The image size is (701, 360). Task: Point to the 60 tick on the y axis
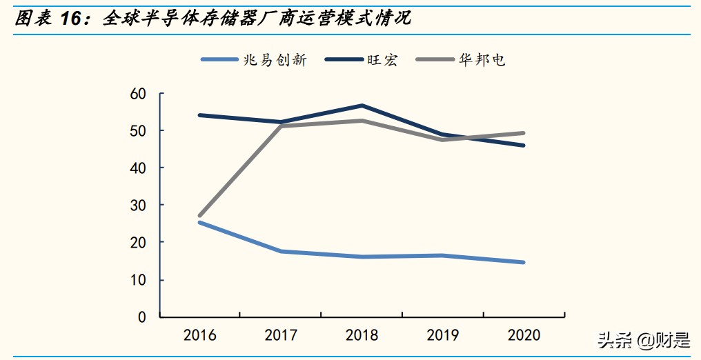tap(138, 94)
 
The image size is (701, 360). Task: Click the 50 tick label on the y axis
tap(138, 131)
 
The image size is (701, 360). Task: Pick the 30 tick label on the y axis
tap(138, 206)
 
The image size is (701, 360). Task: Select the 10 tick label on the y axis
tap(138, 280)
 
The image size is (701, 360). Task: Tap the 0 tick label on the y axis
tap(142, 317)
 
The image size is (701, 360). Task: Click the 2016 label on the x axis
tap(199, 336)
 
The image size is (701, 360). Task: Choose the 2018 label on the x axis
tap(362, 336)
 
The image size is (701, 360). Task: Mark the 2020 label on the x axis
tap(524, 336)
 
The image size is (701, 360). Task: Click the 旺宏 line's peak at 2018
tap(362, 106)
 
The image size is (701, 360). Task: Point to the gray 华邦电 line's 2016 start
tap(199, 216)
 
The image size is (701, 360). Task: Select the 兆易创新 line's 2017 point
tap(281, 251)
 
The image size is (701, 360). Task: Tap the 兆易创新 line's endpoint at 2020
tap(524, 262)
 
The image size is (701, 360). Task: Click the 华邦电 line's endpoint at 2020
tap(524, 133)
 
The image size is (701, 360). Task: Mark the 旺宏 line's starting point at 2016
tap(199, 115)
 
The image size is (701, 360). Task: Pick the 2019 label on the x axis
tap(443, 336)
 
